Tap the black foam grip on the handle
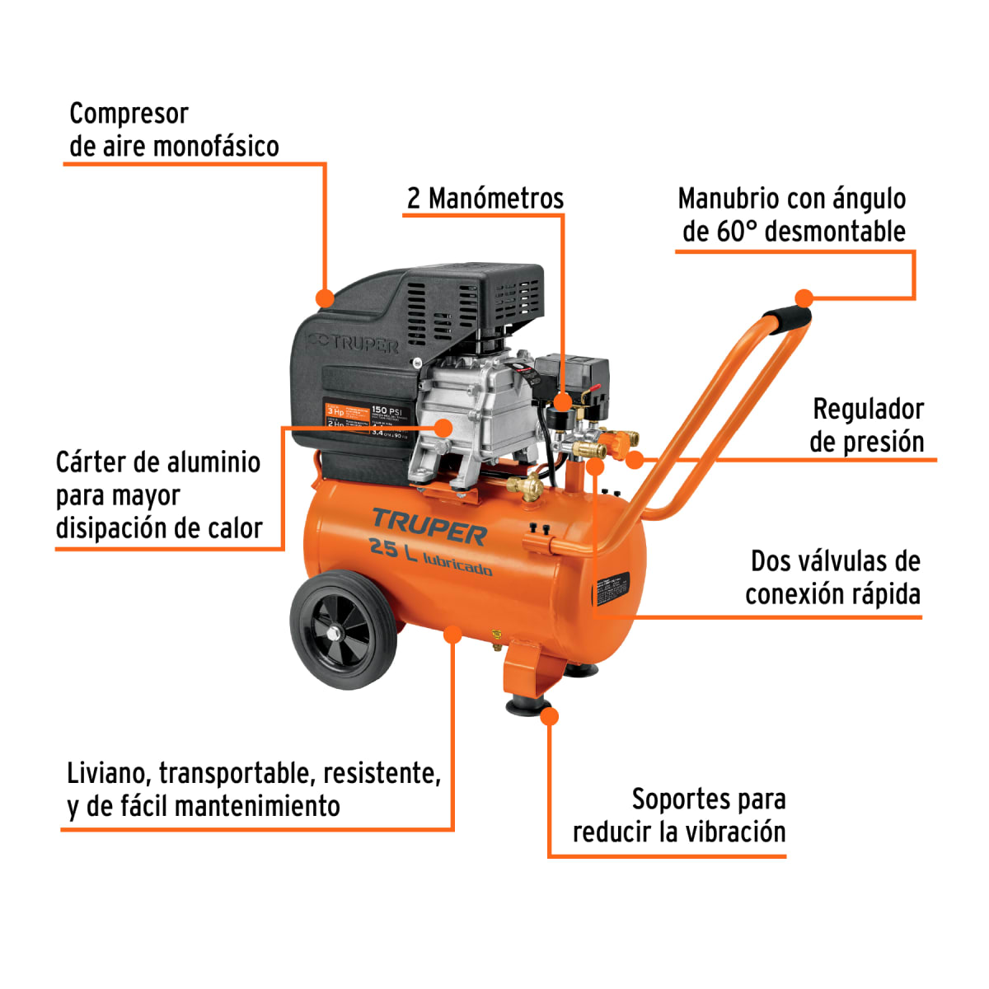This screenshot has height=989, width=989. pyautogui.click(x=786, y=318)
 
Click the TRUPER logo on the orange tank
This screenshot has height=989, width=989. pyautogui.click(x=429, y=527)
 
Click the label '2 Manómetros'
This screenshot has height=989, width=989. pyautogui.click(x=485, y=199)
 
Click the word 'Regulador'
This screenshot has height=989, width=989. pyautogui.click(x=868, y=409)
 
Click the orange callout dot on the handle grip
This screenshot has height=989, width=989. pyautogui.click(x=804, y=298)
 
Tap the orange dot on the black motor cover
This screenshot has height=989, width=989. pyautogui.click(x=326, y=297)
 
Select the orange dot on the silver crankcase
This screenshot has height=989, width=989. pyautogui.click(x=443, y=427)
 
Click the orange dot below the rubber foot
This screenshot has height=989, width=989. pyautogui.click(x=550, y=716)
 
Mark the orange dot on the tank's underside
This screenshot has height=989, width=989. pyautogui.click(x=452, y=633)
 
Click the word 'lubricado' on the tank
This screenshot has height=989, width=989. pyautogui.click(x=457, y=565)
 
